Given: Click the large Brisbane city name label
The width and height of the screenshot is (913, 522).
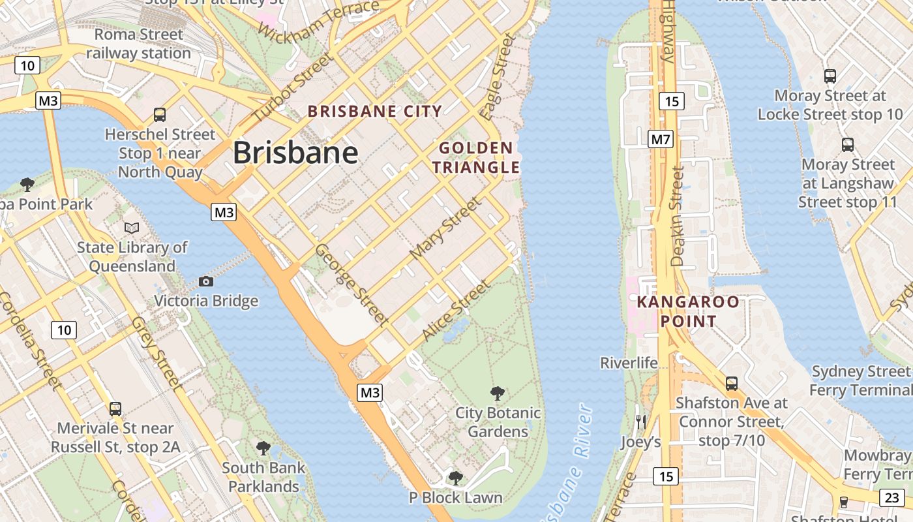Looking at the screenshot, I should [x=295, y=153].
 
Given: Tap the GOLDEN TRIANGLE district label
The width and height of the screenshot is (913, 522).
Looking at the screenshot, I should [x=475, y=157].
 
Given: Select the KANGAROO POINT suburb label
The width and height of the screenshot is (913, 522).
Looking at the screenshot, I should [x=688, y=311].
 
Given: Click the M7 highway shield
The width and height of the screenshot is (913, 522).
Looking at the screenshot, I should [x=661, y=139].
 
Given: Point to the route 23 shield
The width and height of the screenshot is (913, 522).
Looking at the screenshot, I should [x=892, y=498].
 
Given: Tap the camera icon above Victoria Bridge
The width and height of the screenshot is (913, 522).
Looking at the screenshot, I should [x=206, y=281].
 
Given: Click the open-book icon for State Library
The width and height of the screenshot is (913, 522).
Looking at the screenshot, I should [x=132, y=228].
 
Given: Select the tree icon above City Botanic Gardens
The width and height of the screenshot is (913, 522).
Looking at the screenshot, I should [x=498, y=393].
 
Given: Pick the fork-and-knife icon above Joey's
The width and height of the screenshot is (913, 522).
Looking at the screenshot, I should [x=641, y=422].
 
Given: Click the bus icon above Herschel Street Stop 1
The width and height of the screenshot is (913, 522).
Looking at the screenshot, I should [x=160, y=115].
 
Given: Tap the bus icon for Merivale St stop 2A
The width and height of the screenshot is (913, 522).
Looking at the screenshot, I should [x=115, y=409].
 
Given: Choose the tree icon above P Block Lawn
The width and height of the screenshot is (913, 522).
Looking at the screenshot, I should [x=456, y=478].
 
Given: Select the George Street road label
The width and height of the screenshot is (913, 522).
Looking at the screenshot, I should [x=352, y=284].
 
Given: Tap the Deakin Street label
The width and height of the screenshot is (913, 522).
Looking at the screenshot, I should [x=678, y=216].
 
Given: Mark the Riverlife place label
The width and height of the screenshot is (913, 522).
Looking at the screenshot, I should [x=629, y=363].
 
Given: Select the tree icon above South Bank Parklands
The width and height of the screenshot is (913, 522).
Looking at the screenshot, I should [x=263, y=448].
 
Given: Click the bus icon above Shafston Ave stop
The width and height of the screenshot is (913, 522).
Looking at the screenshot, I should [x=732, y=383].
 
